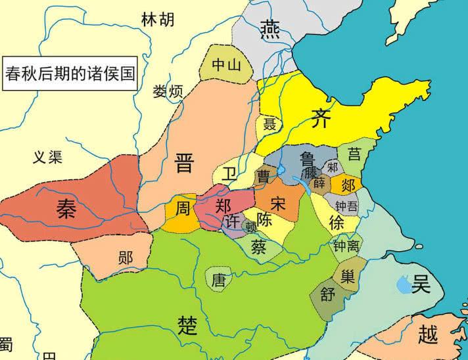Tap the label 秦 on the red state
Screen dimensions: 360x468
pos(65,210)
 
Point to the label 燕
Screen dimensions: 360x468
pos(269,29)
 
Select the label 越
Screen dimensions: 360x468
pos(427,336)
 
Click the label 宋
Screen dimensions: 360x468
pos(278,204)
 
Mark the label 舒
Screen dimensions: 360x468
pos(328,295)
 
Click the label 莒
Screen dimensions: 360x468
pos(354,154)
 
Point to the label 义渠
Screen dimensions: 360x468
pos(48,156)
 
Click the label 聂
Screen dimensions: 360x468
pos(269,125)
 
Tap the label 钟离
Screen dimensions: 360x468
pos(346,246)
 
